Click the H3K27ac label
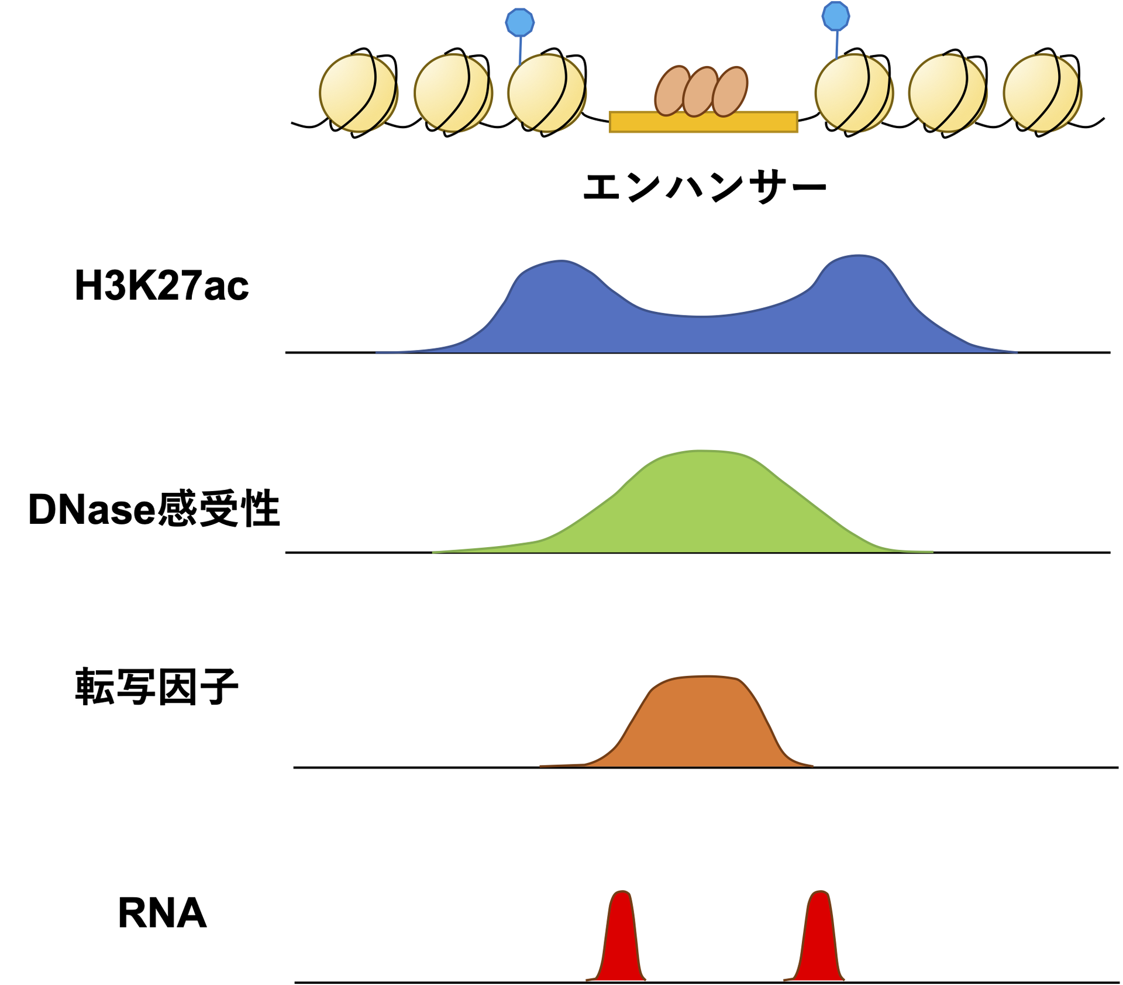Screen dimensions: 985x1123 point(161,286)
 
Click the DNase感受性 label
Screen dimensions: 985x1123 point(154,509)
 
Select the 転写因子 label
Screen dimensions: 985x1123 point(156,686)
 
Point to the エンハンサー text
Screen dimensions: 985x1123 point(704,187)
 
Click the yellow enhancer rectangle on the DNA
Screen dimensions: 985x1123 point(703,122)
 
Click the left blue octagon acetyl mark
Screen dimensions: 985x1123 point(519,23)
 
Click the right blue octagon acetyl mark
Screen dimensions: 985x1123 point(835,16)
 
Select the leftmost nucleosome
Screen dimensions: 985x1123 point(359,94)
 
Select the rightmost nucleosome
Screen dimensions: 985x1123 point(1042,94)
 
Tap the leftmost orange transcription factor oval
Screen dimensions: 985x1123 point(672,90)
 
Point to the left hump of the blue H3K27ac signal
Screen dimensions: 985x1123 point(556,293)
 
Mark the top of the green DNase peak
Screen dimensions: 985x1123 point(699,454)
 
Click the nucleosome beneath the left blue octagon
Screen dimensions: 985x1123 point(546,94)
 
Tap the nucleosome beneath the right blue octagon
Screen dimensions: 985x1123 point(854,94)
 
